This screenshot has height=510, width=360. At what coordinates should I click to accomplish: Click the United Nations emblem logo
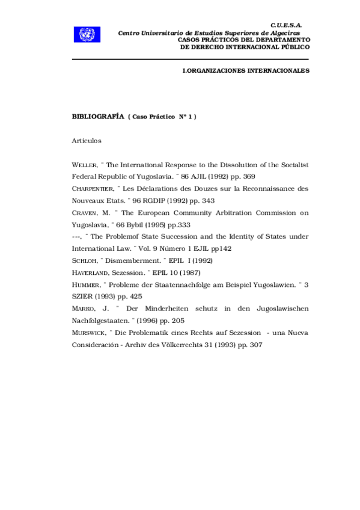pos(86,35)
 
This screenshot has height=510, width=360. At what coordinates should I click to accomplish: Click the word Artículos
pos(87,141)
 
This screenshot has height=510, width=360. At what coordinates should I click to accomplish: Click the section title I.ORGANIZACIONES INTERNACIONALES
pos(245,71)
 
